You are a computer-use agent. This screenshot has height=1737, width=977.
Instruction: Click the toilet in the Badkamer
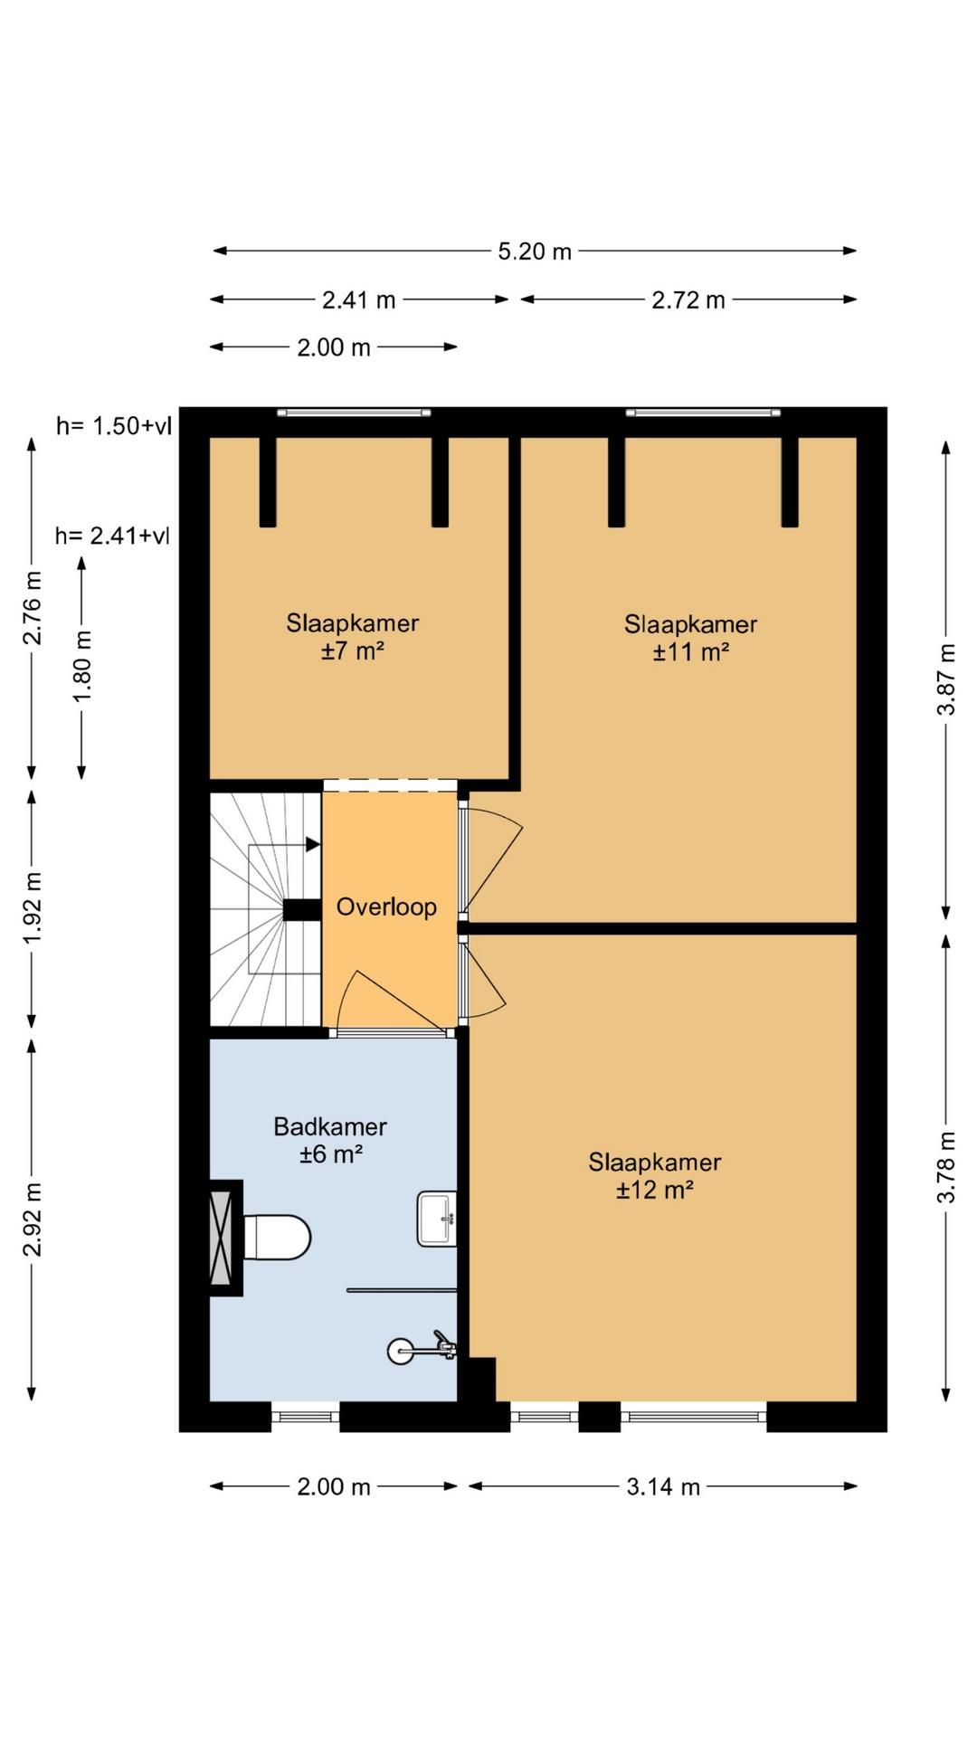point(277,1238)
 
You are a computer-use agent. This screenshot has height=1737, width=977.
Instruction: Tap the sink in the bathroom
point(436,1219)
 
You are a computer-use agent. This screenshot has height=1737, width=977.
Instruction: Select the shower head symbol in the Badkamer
point(422,1349)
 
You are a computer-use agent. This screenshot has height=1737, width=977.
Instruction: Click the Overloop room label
point(386,906)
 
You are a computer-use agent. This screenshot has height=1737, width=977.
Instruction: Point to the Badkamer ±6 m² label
point(330,1140)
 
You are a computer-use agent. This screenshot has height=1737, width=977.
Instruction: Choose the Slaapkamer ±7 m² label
point(353,636)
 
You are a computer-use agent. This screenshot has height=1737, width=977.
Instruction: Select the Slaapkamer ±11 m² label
point(691,637)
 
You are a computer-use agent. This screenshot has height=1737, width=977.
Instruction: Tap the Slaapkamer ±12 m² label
point(655,1175)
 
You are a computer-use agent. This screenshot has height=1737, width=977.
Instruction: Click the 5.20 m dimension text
point(535,251)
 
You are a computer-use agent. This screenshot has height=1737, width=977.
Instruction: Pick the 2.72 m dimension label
point(688,299)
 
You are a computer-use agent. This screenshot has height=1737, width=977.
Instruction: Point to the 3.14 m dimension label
point(663,1486)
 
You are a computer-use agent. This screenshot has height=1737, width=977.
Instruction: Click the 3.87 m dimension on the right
point(946,679)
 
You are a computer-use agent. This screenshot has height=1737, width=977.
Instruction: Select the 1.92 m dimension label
point(33,907)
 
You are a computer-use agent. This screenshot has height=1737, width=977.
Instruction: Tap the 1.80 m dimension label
point(82,666)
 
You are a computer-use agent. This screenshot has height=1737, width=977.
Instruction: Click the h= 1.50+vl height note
point(113,426)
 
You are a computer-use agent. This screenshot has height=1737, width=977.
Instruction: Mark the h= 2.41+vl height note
point(112,536)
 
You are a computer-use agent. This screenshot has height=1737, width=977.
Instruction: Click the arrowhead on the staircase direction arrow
point(314,844)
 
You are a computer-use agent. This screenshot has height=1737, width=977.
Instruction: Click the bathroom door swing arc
point(346,997)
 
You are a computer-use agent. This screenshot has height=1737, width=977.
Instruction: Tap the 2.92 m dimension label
point(33,1220)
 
